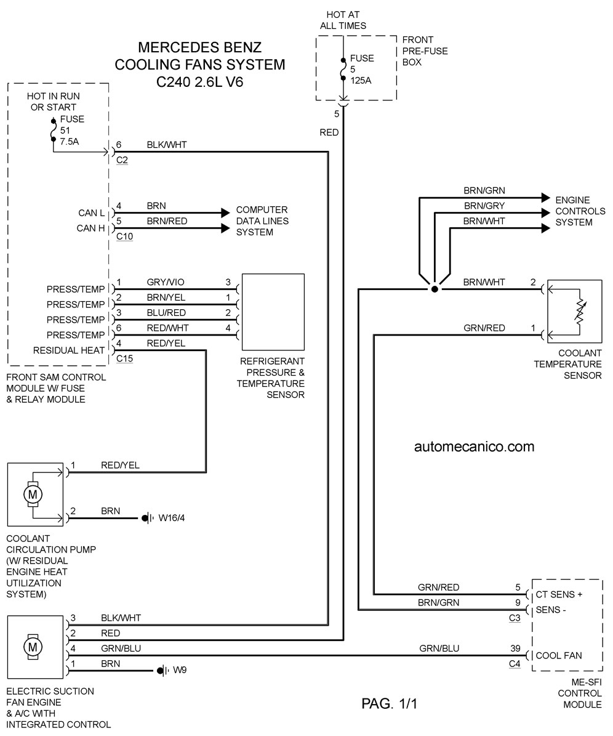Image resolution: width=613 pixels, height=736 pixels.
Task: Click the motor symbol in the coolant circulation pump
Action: [33, 495]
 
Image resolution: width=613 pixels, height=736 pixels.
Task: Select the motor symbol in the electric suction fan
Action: [33, 647]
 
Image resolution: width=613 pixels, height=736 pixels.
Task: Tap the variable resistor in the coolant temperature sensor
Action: [580, 312]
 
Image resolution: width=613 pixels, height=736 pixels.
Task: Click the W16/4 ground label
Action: [172, 518]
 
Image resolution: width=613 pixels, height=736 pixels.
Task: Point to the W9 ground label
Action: [180, 670]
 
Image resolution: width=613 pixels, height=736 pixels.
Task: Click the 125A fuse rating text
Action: [361, 81]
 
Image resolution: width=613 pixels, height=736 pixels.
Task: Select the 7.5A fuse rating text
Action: [70, 141]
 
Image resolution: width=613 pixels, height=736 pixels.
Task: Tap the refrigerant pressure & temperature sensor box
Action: [273, 312]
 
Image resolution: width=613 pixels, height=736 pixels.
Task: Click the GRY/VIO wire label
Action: [166, 282]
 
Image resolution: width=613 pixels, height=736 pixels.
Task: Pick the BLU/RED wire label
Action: [166, 313]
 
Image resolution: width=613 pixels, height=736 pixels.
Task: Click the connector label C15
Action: [125, 358]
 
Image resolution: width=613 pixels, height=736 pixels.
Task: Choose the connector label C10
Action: [125, 237]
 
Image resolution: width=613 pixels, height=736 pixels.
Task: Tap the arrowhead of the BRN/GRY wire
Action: [545, 213]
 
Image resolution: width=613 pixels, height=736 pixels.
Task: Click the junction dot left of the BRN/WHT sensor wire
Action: [435, 289]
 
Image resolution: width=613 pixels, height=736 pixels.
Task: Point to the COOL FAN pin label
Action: [559, 656]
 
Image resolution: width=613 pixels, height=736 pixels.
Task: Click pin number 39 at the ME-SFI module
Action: [515, 648]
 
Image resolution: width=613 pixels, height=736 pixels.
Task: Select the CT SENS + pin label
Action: [559, 595]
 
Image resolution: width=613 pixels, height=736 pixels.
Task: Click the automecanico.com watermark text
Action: [474, 447]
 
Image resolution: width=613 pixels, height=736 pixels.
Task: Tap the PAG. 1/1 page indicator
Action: [390, 703]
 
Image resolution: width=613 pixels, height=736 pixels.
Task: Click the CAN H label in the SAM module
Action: [90, 228]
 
